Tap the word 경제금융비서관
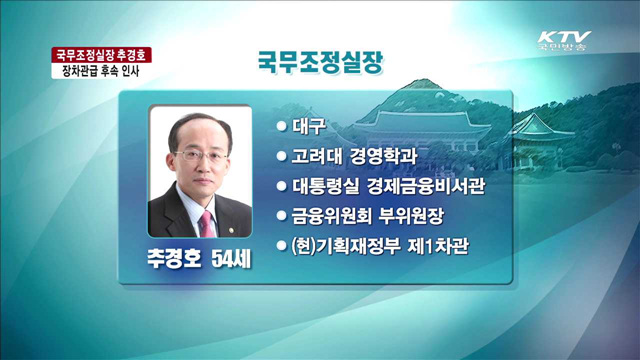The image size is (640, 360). (414, 185)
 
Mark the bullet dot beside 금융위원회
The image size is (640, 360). (282, 214)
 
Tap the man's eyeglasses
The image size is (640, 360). (200, 156)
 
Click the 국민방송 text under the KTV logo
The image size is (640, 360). (562, 47)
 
